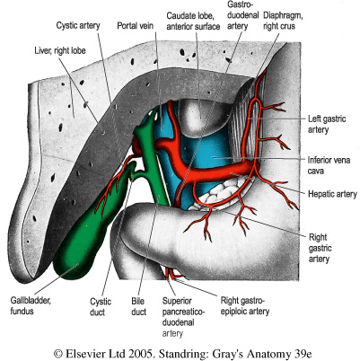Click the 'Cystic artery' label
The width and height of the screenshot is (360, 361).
(x=78, y=26)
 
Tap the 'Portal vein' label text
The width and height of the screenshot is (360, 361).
(x=135, y=26)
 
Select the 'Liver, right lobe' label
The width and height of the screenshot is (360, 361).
(x=60, y=50)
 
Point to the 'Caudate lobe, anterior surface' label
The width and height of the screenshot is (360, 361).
(x=193, y=21)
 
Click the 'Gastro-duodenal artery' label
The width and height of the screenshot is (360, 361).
(x=242, y=15)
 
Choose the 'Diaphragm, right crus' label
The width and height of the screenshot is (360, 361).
(x=283, y=21)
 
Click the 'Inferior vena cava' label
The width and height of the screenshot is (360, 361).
(x=329, y=165)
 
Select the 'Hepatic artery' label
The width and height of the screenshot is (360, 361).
(x=332, y=194)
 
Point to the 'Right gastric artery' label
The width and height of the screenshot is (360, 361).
(x=320, y=248)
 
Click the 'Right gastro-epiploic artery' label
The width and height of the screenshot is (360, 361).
(x=245, y=305)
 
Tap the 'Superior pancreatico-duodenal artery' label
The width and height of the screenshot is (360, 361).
(x=183, y=317)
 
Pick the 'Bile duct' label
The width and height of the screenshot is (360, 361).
(x=138, y=306)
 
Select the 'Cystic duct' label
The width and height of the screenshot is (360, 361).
(x=101, y=307)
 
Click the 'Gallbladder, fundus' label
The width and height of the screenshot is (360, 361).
(x=31, y=305)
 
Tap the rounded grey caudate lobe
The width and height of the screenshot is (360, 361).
(x=201, y=116)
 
